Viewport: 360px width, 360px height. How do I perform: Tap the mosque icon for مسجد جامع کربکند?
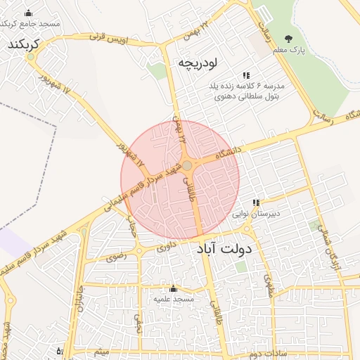pyautogui.click(x=28, y=13)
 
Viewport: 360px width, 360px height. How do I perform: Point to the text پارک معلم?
pyautogui.click(x=288, y=50)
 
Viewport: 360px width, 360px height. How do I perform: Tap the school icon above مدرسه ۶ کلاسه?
pyautogui.click(x=246, y=75)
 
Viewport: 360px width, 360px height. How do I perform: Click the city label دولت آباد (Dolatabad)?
pyautogui.click(x=230, y=248)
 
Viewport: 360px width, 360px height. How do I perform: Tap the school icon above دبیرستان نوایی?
pyautogui.click(x=257, y=202)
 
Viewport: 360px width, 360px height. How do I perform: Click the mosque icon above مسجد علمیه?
pyautogui.click(x=174, y=288)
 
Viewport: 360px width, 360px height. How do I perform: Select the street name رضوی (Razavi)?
pyautogui.click(x=116, y=257)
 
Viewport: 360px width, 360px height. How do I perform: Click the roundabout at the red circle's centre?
pyautogui.click(x=188, y=166)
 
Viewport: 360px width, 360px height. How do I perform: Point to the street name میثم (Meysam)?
pyautogui.click(x=103, y=350)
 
